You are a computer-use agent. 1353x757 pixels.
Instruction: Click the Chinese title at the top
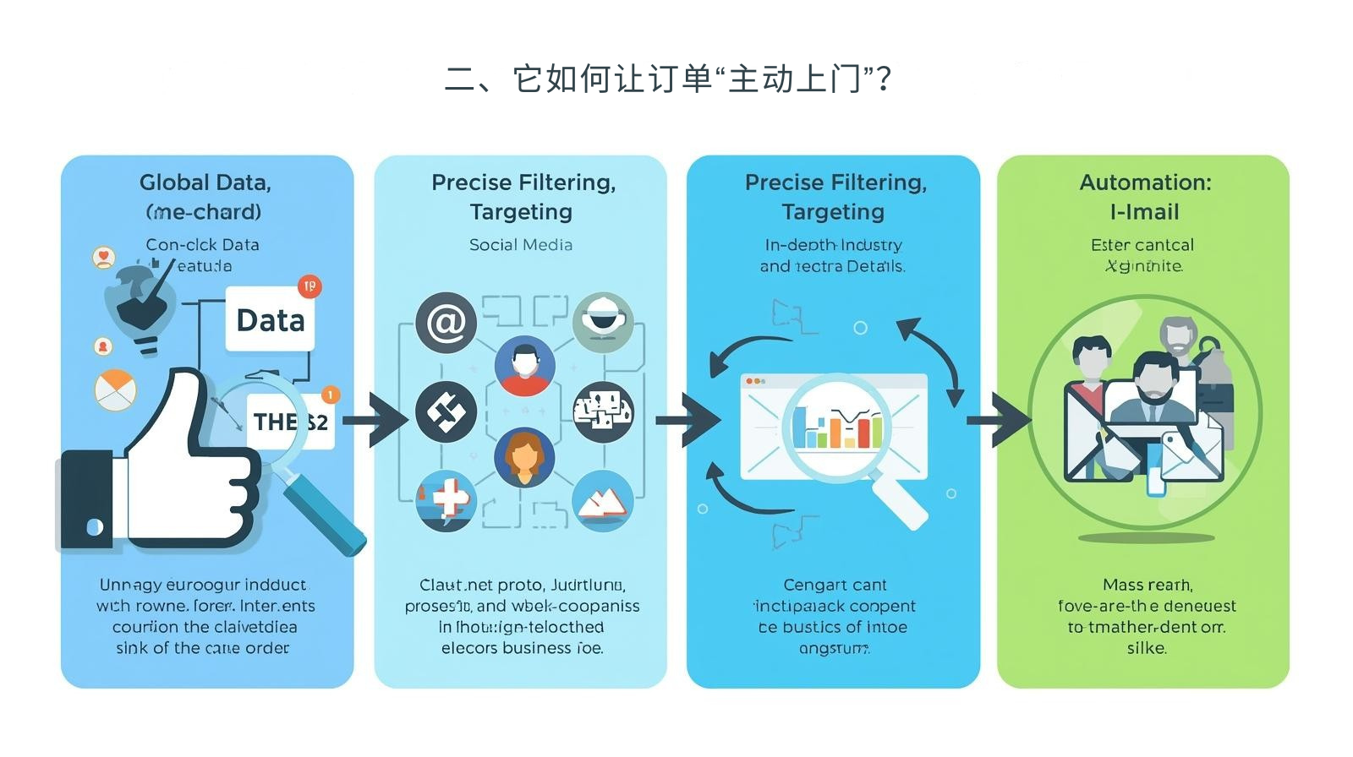coord(668,79)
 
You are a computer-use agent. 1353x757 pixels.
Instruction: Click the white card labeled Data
coord(270,320)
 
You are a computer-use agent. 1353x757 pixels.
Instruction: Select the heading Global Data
coord(205,182)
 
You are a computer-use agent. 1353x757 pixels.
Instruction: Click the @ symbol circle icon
coord(446,323)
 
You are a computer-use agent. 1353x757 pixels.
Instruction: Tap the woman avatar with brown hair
coord(524,457)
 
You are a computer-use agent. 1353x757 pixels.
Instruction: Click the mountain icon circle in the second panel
coord(603,500)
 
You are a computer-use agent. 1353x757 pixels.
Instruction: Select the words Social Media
coord(521,245)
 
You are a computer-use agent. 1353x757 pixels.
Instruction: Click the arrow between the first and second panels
coord(375,420)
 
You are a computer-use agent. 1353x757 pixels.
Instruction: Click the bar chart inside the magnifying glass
coord(836,428)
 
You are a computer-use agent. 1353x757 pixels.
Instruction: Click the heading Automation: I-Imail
coord(1145,197)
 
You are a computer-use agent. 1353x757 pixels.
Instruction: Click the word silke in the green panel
coord(1147,649)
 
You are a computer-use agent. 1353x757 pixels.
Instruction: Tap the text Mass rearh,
coord(1148,585)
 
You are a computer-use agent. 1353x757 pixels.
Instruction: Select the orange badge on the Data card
coord(309,286)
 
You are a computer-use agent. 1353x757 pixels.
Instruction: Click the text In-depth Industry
coord(833,245)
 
